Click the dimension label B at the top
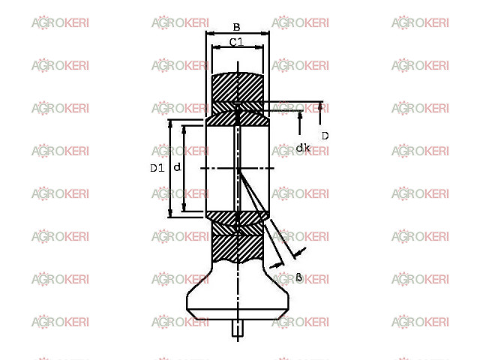tap(237, 27)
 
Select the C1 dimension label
tap(237, 42)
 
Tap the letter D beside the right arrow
tap(325, 136)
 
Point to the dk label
tap(303, 148)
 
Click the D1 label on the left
tap(157, 168)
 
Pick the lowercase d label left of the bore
tap(177, 167)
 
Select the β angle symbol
tap(299, 277)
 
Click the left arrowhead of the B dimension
tap(211, 33)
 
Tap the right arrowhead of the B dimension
tap(265, 33)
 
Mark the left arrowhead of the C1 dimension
tap(216, 47)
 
